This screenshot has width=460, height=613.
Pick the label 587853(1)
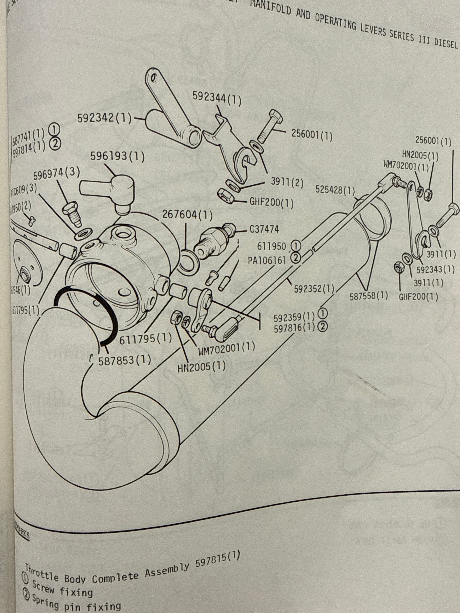pos(125,360)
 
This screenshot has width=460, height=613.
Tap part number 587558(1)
pos(368,296)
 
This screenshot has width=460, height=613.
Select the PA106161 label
pos(267,260)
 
